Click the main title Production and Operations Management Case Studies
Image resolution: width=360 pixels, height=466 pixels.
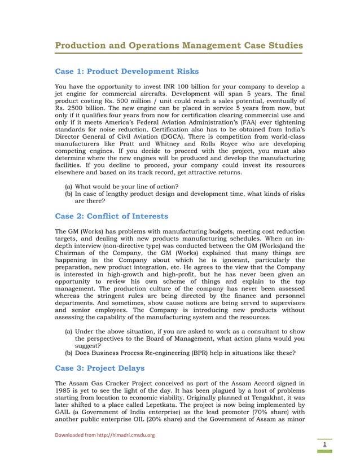point(178,45)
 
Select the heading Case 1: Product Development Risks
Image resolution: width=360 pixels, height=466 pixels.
point(126,72)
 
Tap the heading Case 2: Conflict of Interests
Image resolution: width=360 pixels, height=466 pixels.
point(111,216)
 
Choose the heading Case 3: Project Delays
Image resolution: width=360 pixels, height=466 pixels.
point(99,368)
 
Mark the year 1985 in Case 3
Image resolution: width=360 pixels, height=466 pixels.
point(64,389)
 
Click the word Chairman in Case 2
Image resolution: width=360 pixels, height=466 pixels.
point(72,254)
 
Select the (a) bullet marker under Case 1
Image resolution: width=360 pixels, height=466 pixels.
point(68,186)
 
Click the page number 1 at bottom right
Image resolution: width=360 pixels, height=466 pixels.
point(324,445)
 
